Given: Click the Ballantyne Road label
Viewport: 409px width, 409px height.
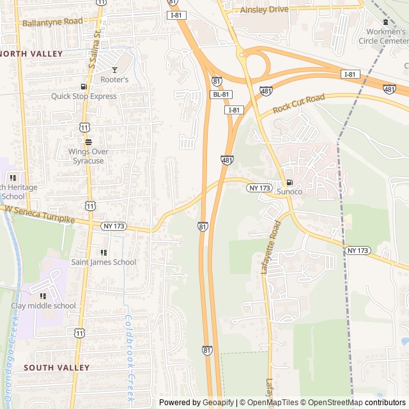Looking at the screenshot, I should click(x=52, y=22).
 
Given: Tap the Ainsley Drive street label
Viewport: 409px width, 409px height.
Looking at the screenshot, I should click(x=264, y=10).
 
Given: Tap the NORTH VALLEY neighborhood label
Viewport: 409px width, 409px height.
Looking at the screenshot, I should click(x=32, y=54).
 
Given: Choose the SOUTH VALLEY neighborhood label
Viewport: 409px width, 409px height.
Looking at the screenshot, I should click(x=57, y=367).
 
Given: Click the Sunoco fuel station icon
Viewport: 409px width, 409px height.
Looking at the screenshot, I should click(x=289, y=182).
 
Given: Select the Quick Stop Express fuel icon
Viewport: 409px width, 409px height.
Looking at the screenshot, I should click(x=84, y=87).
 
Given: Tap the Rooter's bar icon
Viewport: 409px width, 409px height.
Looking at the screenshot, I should click(x=114, y=70).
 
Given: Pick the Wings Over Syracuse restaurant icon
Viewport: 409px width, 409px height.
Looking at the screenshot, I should click(x=88, y=142).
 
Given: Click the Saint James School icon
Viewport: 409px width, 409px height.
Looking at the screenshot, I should click(x=103, y=252).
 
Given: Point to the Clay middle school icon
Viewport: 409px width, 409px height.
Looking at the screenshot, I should click(x=43, y=296).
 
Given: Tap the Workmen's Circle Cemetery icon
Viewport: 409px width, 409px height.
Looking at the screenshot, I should click(x=385, y=22).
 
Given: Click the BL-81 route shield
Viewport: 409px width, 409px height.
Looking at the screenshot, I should click(x=221, y=95).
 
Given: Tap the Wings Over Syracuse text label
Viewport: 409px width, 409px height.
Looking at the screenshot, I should click(x=88, y=156).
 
